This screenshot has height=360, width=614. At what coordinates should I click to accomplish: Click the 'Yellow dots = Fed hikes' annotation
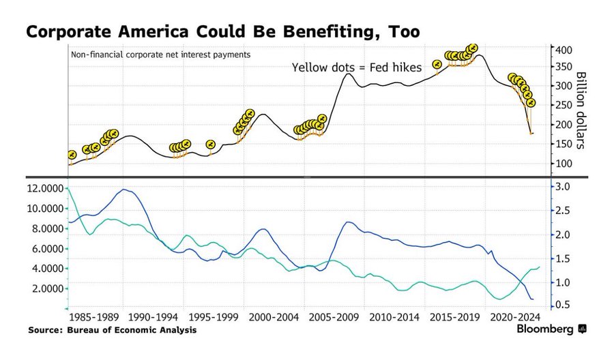click(357, 67)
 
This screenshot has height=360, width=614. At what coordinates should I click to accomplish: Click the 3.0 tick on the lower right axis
click(564, 187)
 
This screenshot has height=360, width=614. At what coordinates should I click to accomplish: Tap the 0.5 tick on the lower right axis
click(564, 305)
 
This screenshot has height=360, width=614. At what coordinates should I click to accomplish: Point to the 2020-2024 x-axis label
click(516, 318)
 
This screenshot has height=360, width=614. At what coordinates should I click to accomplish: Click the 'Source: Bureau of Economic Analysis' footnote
click(113, 331)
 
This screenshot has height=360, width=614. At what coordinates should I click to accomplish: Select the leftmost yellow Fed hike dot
click(71, 155)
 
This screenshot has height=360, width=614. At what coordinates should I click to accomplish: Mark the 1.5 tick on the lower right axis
click(564, 258)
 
